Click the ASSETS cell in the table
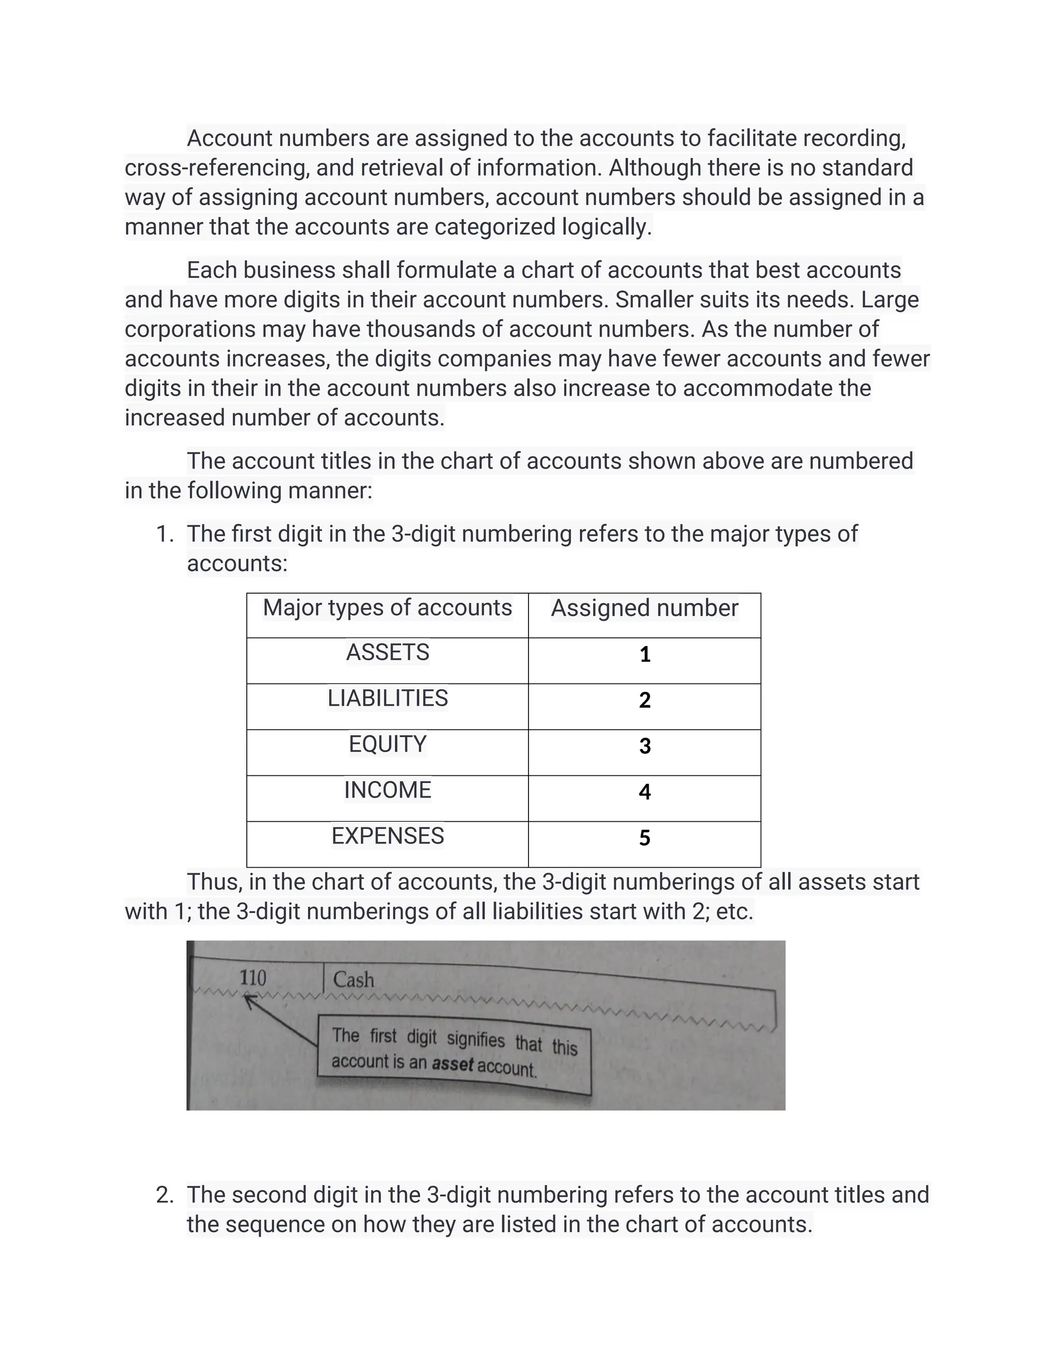click(388, 653)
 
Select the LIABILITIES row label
click(388, 698)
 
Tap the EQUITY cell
click(388, 744)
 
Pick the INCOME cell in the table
click(388, 790)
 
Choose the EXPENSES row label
click(388, 836)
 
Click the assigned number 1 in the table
click(644, 655)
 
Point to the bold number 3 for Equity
click(644, 746)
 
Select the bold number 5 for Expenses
click(644, 838)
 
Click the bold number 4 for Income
click(644, 792)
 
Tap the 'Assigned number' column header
click(644, 608)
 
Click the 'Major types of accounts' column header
click(387, 608)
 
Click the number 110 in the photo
click(253, 978)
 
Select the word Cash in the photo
click(353, 980)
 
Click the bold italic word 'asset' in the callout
click(452, 1064)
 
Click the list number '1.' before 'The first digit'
click(165, 534)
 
